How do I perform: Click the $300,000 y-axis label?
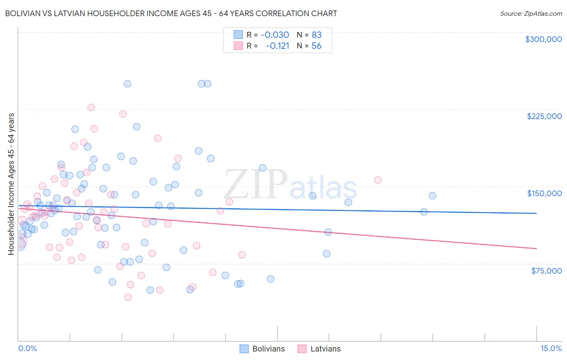tap(543, 39)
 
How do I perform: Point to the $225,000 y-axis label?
tap(544, 116)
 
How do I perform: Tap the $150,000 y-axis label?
tap(544, 193)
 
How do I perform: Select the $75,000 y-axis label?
tap(546, 271)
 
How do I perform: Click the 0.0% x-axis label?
tap(27, 348)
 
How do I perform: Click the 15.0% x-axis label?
tap(551, 348)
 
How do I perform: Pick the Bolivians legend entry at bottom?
tap(262, 349)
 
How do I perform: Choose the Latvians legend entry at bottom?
tap(319, 349)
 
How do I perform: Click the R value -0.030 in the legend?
tap(275, 35)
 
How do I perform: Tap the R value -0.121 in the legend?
tap(277, 46)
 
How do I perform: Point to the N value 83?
tap(317, 35)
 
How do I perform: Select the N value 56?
tap(317, 46)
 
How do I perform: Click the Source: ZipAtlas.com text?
tap(531, 13)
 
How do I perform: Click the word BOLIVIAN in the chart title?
tap(24, 13)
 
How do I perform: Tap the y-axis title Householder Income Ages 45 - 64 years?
tap(11, 184)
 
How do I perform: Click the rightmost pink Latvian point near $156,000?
tap(378, 180)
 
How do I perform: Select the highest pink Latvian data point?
tap(91, 107)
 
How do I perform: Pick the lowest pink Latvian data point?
tap(128, 297)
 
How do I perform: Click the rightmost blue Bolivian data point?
tap(432, 196)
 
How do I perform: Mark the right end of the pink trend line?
tap(536, 249)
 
